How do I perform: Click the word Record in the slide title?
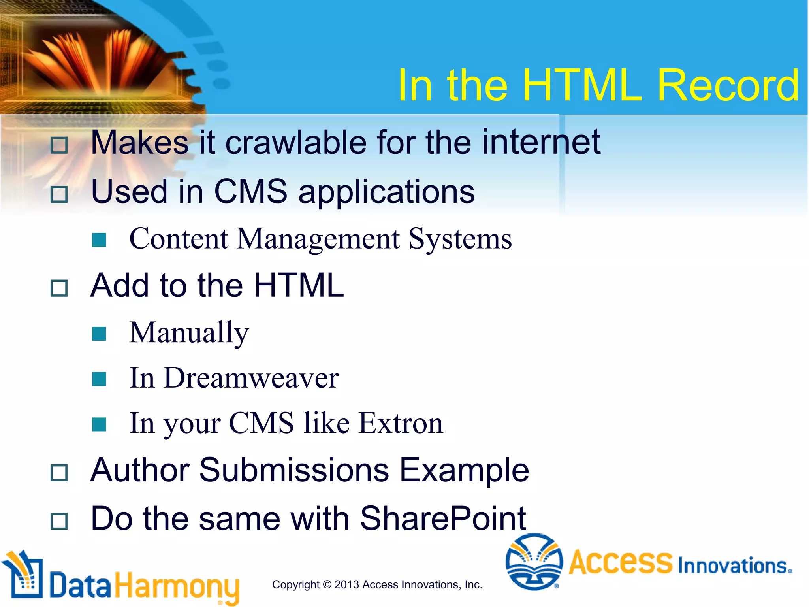coord(728,85)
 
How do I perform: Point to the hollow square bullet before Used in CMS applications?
coord(59,194)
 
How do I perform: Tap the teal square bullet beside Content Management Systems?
coord(99,239)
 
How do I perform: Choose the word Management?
coord(318,239)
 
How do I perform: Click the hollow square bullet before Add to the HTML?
coord(59,288)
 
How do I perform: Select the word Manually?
coord(189,333)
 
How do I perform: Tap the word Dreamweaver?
coord(251,378)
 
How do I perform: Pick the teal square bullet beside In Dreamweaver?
coord(99,379)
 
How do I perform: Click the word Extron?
coord(401,423)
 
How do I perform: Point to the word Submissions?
coord(294,470)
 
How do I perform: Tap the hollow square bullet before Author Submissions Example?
coord(59,472)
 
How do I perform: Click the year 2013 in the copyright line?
coord(346,584)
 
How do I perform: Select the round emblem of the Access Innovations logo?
coord(534,562)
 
